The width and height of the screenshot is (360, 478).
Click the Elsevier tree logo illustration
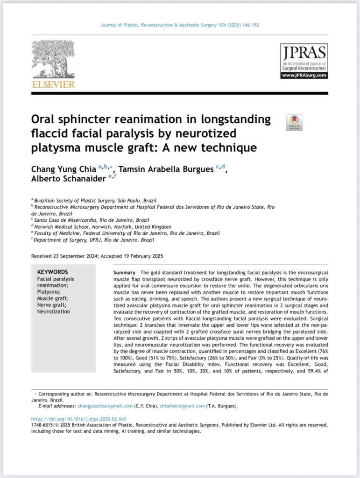click(x=53, y=59)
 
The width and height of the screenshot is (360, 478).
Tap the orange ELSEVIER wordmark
click(x=53, y=84)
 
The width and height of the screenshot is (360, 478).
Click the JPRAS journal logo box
click(x=304, y=61)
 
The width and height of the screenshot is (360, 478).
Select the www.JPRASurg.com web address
click(x=304, y=75)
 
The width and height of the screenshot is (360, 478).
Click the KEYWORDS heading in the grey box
click(x=52, y=272)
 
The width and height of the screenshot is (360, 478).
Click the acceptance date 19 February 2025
click(x=140, y=256)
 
